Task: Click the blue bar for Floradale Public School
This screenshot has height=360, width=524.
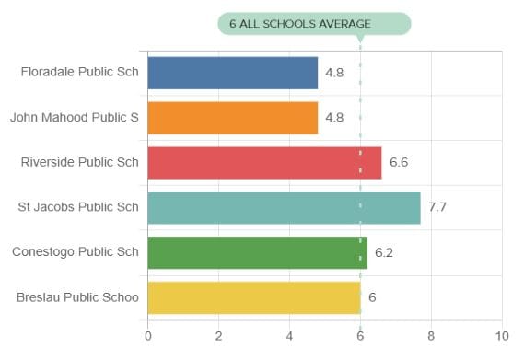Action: click(x=232, y=73)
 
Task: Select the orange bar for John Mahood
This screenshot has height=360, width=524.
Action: click(x=232, y=118)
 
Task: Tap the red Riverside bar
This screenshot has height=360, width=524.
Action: click(x=264, y=163)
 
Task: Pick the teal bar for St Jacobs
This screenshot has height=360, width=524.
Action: click(x=284, y=207)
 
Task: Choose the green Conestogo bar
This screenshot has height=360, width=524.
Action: click(x=257, y=252)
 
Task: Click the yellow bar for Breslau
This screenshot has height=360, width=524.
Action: click(x=253, y=297)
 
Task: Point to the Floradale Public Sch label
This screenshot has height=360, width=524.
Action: click(x=79, y=73)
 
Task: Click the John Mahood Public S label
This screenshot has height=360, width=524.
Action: click(x=75, y=118)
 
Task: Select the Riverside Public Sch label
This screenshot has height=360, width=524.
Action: click(x=79, y=163)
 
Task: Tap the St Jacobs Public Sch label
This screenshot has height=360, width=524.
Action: click(x=78, y=207)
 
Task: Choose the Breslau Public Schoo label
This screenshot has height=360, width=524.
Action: click(x=77, y=297)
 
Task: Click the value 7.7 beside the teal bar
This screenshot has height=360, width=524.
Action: click(x=437, y=208)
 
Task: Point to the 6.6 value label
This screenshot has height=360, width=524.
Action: click(x=399, y=163)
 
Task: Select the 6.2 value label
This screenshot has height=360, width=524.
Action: click(x=384, y=252)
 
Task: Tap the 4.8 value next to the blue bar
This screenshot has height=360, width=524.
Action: click(x=334, y=73)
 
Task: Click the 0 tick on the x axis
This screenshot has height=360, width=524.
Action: click(x=147, y=336)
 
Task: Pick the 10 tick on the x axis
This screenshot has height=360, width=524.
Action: click(x=501, y=336)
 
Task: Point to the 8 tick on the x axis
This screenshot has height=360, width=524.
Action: click(x=431, y=336)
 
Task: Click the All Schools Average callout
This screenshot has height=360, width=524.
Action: click(x=313, y=23)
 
